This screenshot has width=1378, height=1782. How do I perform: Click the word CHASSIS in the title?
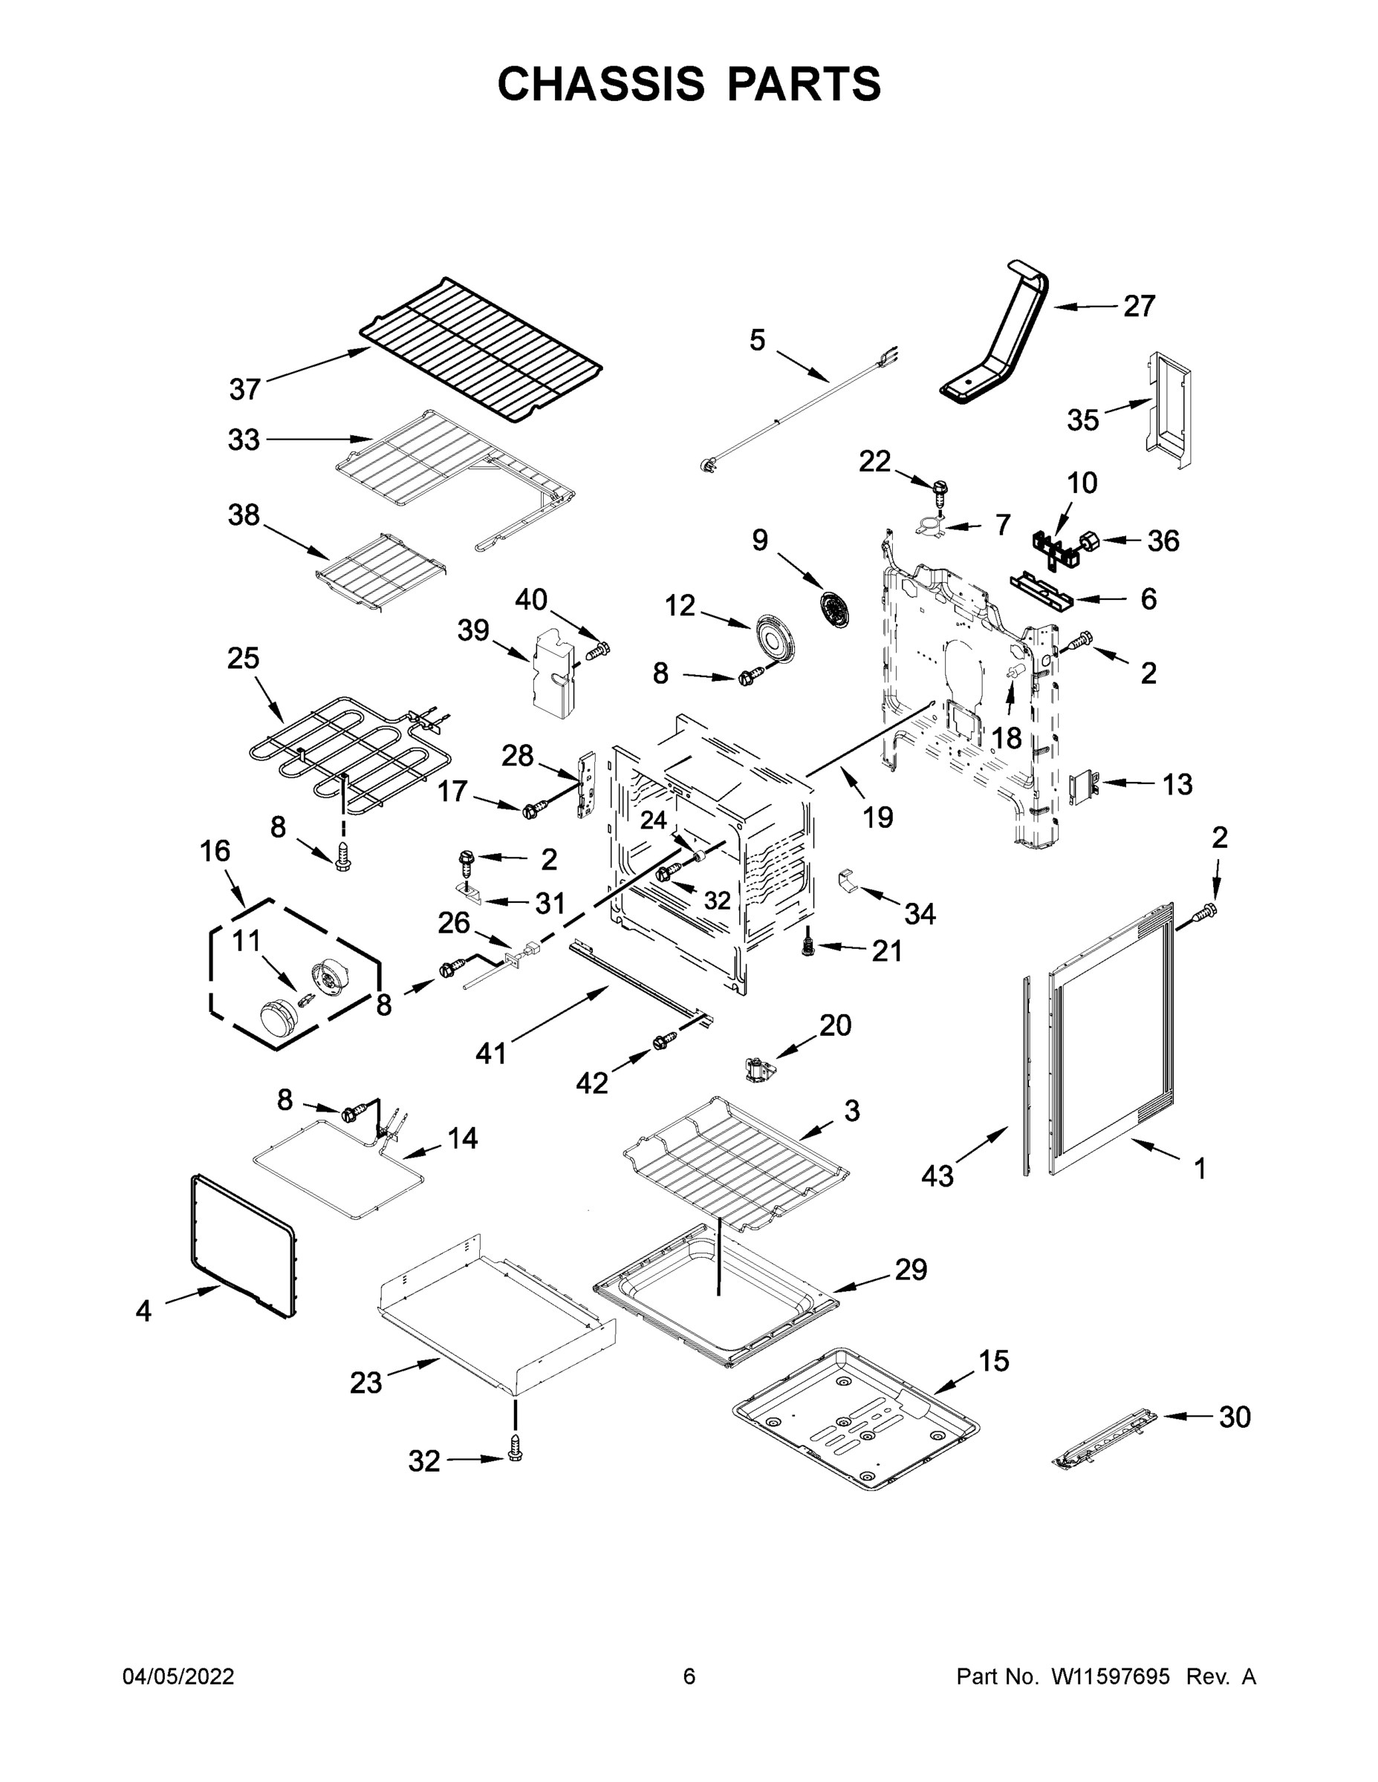(601, 83)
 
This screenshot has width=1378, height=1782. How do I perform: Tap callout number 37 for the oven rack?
(244, 389)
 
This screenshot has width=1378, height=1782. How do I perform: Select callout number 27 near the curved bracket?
(1139, 306)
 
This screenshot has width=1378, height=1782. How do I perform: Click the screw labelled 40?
(599, 650)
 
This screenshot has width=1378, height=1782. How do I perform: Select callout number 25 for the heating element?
(243, 658)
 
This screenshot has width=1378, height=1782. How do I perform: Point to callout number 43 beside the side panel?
(937, 1176)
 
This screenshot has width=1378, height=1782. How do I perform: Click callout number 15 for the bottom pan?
(993, 1361)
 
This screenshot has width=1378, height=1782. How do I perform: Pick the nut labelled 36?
(1090, 540)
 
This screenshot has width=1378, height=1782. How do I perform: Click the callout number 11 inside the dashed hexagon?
(246, 941)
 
